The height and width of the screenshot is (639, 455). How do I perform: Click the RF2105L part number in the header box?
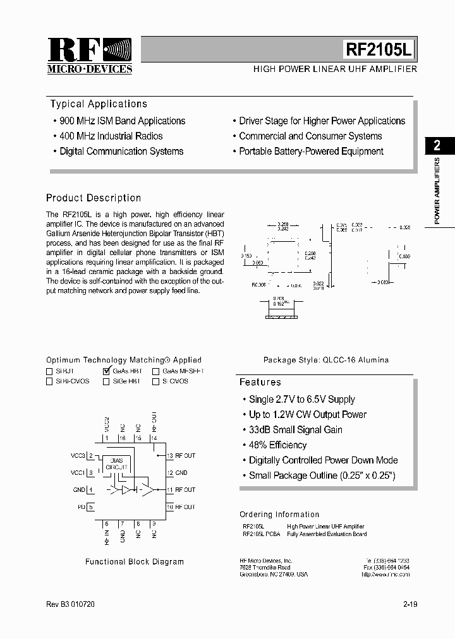[379, 49]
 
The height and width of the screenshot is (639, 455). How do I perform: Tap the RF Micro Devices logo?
[90, 56]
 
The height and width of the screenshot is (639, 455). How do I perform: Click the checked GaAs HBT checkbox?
[106, 371]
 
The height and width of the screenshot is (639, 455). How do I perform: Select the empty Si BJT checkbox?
[49, 372]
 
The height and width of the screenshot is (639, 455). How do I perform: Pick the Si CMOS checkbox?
[155, 381]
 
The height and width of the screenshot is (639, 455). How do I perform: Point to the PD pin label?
[81, 506]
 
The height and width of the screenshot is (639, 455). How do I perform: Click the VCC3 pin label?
[78, 455]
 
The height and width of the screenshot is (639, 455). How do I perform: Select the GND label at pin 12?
[181, 472]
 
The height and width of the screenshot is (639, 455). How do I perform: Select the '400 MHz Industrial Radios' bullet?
[111, 136]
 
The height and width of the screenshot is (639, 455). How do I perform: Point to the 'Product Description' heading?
[94, 198]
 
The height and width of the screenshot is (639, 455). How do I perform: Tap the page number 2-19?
[409, 604]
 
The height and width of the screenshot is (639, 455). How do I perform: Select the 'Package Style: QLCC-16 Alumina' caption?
[325, 360]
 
